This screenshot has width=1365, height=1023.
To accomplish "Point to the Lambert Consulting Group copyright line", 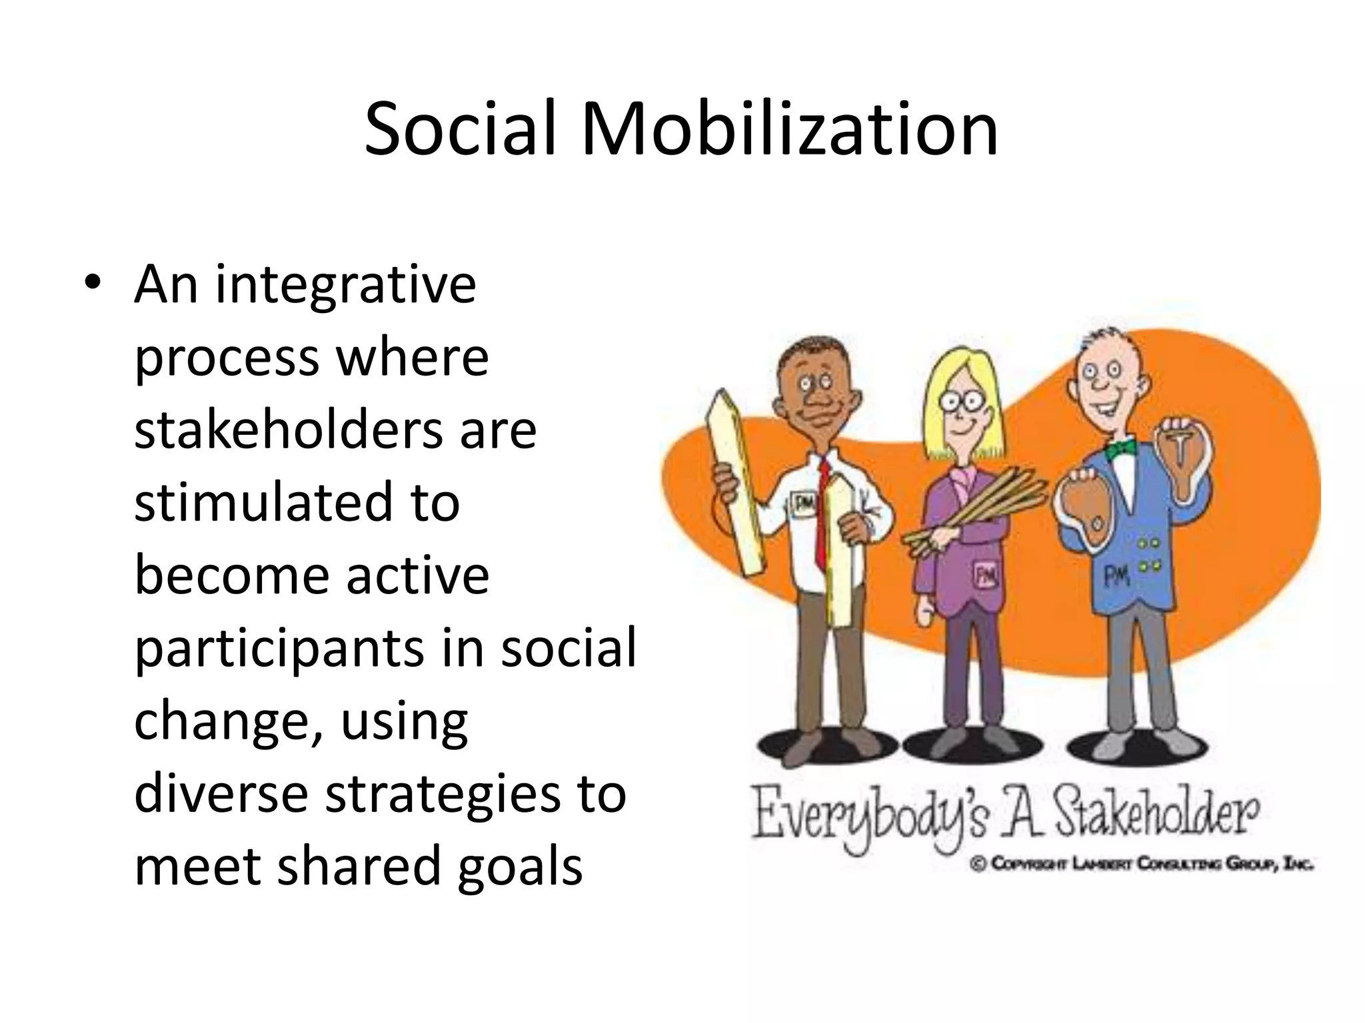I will pos(1142,864).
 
